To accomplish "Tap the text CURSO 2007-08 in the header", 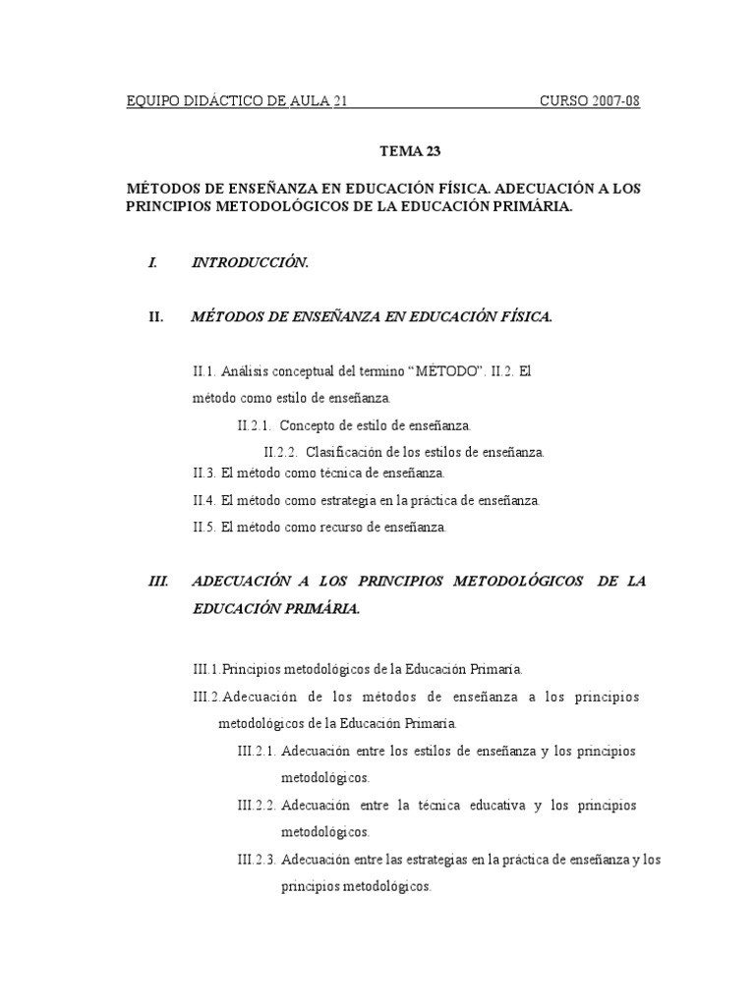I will coord(590,102).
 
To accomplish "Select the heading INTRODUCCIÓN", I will coord(251,262).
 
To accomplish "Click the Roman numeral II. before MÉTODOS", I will coord(156,316).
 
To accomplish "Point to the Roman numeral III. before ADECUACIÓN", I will coord(158,582).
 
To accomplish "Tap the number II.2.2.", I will coord(281,452).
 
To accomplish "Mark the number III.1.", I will coord(206,669).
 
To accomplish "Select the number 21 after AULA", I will coord(342,102).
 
